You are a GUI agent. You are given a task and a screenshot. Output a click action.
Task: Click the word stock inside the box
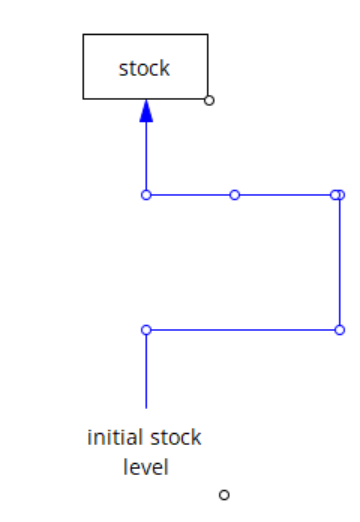coord(144,68)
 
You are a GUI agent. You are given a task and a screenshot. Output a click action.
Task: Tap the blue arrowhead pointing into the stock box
coord(146,111)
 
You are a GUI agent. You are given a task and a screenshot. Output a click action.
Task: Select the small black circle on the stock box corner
coord(208,99)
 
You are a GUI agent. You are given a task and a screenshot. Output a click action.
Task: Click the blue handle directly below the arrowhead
coord(146,195)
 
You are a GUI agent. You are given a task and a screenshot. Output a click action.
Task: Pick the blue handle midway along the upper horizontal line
coord(235,195)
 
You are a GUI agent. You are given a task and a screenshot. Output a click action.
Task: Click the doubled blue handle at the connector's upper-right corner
coord(338,195)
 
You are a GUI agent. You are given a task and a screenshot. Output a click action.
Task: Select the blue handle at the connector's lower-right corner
coord(339,329)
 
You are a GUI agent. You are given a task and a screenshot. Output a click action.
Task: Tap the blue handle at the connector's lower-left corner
coord(146,329)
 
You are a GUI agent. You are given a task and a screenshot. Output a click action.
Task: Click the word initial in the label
coord(115,438)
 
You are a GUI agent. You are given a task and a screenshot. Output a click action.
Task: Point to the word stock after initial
coord(175,438)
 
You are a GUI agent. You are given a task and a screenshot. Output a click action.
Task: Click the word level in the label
coord(145,466)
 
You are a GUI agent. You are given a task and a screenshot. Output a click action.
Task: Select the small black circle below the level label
coord(224,494)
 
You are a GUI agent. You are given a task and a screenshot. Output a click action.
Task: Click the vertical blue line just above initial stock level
coord(146,370)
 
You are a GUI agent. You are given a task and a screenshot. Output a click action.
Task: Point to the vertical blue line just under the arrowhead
coord(146,155)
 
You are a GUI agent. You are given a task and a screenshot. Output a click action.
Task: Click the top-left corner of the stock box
coord(83,35)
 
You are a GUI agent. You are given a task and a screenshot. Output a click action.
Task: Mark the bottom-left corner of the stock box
coord(83,99)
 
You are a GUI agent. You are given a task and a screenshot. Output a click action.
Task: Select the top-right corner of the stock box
coord(208,35)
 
